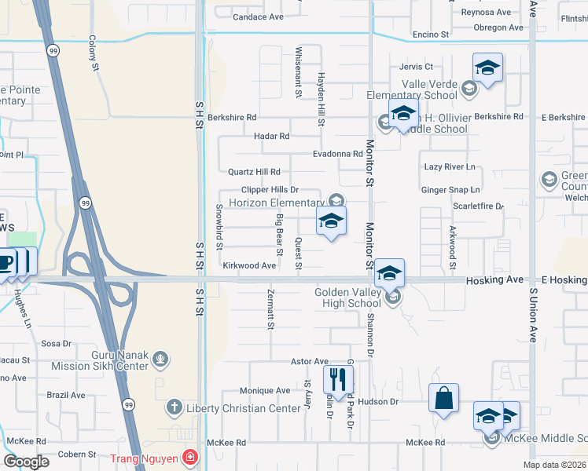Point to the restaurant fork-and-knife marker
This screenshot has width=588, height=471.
click(x=338, y=379)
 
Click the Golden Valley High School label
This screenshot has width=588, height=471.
click(x=347, y=298)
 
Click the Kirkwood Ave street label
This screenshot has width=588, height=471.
click(x=249, y=266)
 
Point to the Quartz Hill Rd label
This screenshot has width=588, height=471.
click(x=254, y=172)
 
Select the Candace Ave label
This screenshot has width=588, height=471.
click(x=258, y=16)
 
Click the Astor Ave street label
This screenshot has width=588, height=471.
click(x=310, y=361)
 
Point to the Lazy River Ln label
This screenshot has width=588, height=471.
click(x=450, y=167)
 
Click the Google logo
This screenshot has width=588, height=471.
click(x=25, y=462)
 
